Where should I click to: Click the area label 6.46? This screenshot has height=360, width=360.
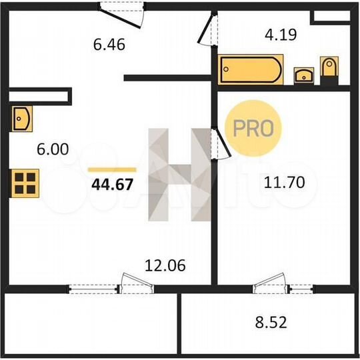pyautogui.click(x=110, y=45)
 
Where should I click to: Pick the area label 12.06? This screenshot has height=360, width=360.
pyautogui.click(x=165, y=265)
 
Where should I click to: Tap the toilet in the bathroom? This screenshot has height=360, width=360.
pyautogui.click(x=329, y=69)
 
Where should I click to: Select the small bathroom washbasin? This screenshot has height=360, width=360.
pyautogui.click(x=305, y=73)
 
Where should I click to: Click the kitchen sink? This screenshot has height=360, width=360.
pyautogui.click(x=21, y=119)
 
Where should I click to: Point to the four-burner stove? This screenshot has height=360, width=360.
pyautogui.click(x=25, y=181)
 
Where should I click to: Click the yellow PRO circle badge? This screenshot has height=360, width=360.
pyautogui.click(x=252, y=128)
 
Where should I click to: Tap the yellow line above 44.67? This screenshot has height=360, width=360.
pyautogui.click(x=111, y=170)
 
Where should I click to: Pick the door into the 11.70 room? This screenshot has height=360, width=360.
pyautogui.click(x=217, y=143)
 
